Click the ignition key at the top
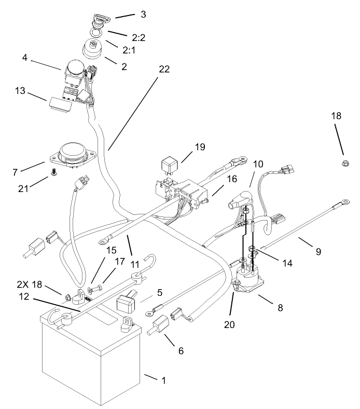click(98, 20)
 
